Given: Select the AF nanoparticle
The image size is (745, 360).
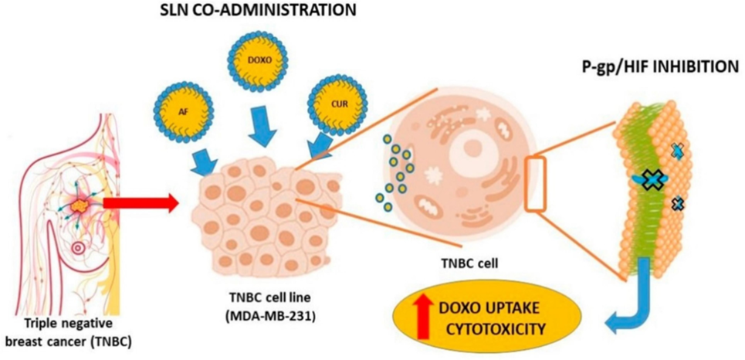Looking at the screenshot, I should click(x=184, y=111).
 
